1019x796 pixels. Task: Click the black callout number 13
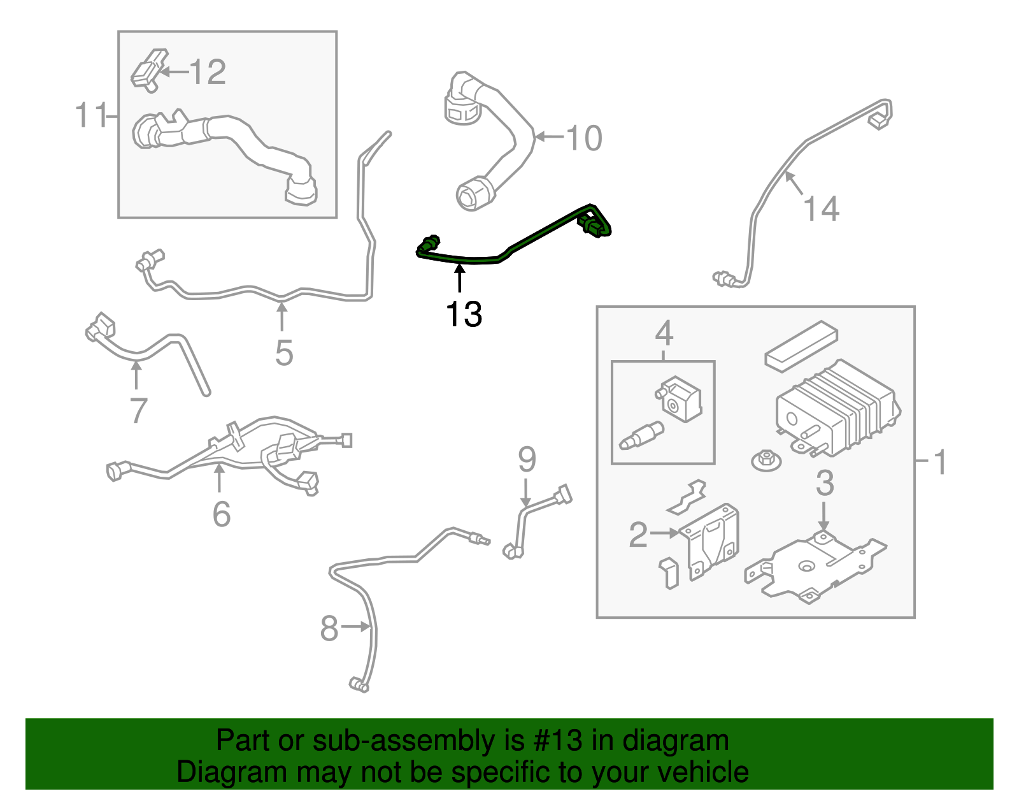[464, 314]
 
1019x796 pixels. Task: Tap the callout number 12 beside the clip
[208, 72]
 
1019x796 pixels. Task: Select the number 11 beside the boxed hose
[91, 115]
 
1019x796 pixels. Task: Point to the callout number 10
[583, 138]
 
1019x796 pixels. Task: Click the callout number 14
[821, 209]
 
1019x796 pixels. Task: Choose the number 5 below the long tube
[284, 352]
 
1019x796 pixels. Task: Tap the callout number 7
[138, 410]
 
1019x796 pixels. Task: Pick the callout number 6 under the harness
[221, 514]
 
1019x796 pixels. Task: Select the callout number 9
[527, 459]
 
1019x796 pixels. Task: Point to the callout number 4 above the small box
[664, 333]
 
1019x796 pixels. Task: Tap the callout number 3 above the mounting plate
[825, 483]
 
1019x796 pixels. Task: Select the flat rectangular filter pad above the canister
[801, 345]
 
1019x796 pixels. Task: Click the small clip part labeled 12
[148, 69]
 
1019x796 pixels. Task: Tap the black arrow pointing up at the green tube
[459, 279]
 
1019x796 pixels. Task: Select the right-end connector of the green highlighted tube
[595, 226]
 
